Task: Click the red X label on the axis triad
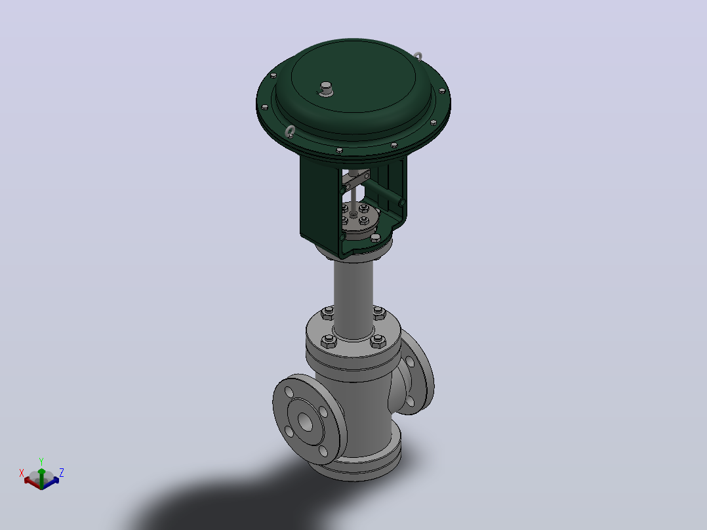[x=21, y=473]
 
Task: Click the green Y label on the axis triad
[x=41, y=461]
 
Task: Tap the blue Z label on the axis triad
[x=62, y=472]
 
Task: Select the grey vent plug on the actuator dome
[x=326, y=89]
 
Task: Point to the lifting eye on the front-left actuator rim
[x=290, y=132]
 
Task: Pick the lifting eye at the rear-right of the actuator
[x=418, y=56]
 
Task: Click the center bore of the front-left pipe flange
[x=306, y=422]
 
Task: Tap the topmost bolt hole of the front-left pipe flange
[x=289, y=392]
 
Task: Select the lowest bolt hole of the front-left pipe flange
[x=323, y=451]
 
